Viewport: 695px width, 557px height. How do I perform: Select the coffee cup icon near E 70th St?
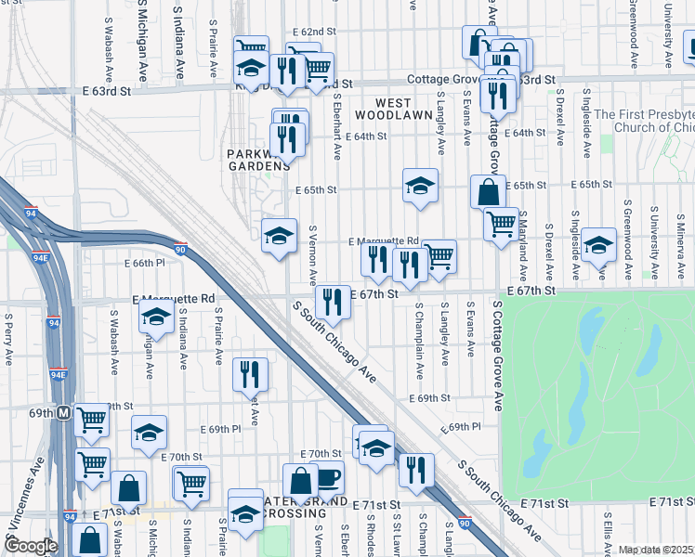pyautogui.click(x=328, y=478)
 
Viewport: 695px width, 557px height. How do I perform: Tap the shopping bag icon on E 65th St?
pyautogui.click(x=488, y=193)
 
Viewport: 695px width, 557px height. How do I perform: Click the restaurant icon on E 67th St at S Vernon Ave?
pyautogui.click(x=332, y=301)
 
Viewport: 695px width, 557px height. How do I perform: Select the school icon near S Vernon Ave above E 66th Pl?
pyautogui.click(x=279, y=236)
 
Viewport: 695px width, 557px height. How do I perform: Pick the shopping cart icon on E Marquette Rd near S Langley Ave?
pyautogui.click(x=439, y=256)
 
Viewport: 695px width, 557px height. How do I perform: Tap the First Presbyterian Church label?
pyautogui.click(x=644, y=121)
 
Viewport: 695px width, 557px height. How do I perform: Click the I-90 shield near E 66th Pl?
pyautogui.click(x=180, y=249)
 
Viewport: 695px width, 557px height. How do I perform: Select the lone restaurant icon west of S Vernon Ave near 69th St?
pyautogui.click(x=250, y=374)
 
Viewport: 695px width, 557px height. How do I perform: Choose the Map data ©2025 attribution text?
pyautogui.click(x=656, y=550)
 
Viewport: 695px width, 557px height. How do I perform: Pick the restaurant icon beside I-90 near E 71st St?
pyautogui.click(x=416, y=471)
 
